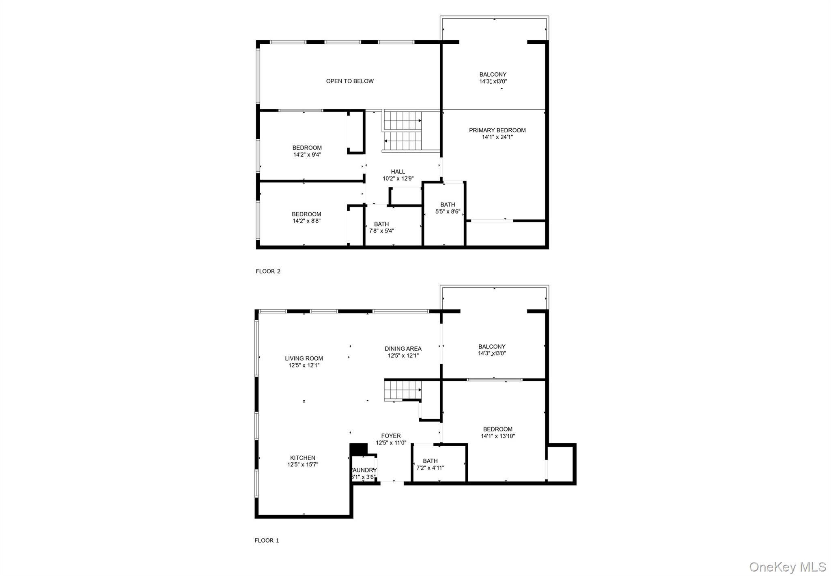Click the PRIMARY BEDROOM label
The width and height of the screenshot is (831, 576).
(497, 130)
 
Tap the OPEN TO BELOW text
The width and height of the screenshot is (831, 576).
(350, 81)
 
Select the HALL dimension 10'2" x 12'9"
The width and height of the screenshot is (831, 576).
(398, 179)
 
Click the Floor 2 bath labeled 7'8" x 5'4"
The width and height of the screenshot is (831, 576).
(381, 227)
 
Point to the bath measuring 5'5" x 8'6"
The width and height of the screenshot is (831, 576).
(448, 208)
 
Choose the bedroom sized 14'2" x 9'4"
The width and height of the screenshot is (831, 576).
(307, 151)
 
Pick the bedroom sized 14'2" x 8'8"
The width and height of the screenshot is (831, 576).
(306, 218)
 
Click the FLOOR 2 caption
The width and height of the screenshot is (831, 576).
(268, 271)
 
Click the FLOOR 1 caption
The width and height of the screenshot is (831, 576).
(267, 540)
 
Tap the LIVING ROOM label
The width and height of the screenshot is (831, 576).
(304, 358)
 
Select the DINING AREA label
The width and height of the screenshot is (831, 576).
(403, 349)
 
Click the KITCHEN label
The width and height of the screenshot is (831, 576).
(303, 458)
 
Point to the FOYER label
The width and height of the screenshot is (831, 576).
(391, 436)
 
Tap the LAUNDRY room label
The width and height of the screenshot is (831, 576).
(364, 470)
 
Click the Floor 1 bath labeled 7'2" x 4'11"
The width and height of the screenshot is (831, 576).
(430, 464)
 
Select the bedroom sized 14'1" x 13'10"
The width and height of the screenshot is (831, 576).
(498, 433)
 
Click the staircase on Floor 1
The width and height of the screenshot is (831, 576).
(403, 390)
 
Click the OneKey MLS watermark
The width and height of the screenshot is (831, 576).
(787, 567)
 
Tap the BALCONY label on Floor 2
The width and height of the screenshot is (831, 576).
(493, 75)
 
